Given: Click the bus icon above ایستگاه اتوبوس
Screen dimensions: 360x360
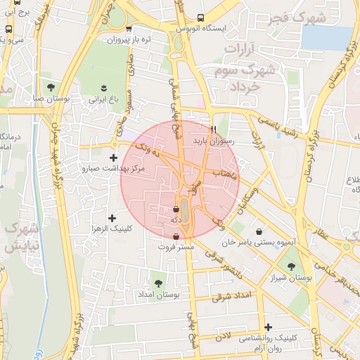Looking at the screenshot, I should point(201,18).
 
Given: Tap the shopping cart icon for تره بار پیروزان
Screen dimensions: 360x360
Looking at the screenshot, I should point(128,29).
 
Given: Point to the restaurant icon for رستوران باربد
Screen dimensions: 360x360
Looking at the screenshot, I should point(213,129).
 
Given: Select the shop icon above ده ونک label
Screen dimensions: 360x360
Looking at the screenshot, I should point(176,209).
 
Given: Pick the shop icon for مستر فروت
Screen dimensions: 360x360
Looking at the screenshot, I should point(175,236).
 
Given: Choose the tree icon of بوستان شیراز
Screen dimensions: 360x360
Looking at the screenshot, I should point(290,266).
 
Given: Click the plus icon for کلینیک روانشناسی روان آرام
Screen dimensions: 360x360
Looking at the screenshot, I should point(267,327).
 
